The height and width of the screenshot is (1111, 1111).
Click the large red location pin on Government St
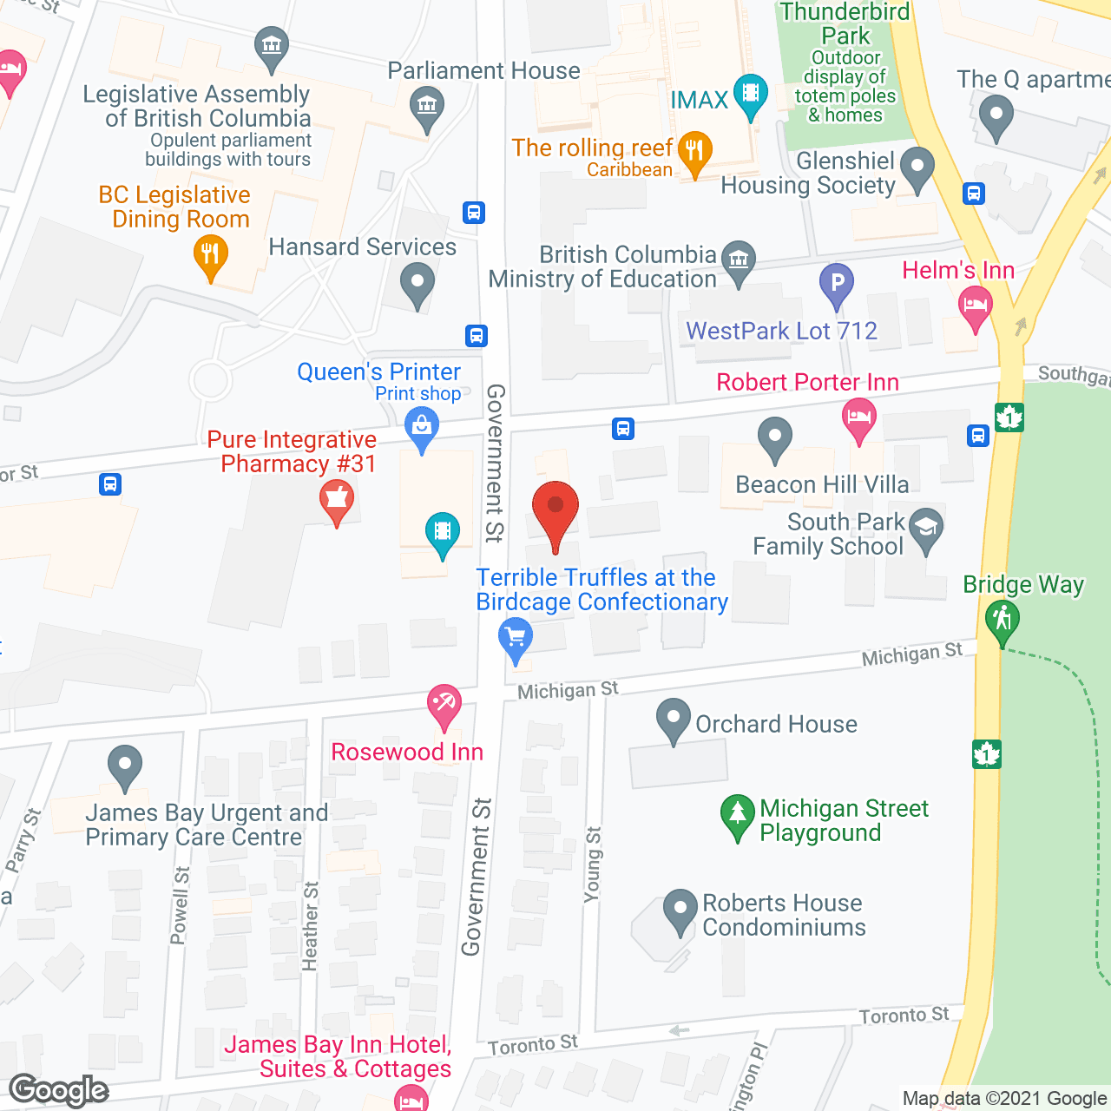tap(555, 508)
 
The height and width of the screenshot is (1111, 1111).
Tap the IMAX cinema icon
tap(750, 92)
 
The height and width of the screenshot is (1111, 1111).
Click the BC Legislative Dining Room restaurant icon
tap(210, 256)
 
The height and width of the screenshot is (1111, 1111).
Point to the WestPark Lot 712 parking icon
tap(837, 283)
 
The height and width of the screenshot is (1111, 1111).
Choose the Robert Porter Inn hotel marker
tap(859, 418)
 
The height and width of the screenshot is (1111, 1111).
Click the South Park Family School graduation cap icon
tap(926, 528)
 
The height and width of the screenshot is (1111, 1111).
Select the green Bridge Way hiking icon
tap(1003, 620)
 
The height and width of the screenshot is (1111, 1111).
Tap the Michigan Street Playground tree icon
tap(737, 814)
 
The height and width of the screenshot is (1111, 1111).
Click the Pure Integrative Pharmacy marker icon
tap(337, 501)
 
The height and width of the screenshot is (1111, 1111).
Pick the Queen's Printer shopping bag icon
tap(422, 428)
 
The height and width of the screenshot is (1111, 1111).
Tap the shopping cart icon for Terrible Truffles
tap(516, 639)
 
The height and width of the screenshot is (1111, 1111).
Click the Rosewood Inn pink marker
tap(444, 704)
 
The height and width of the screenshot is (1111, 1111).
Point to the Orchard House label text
tap(776, 724)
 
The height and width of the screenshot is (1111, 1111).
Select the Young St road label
tap(593, 864)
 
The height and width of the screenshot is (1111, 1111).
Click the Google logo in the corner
tap(59, 1090)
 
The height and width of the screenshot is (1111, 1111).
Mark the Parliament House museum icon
tap(426, 107)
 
